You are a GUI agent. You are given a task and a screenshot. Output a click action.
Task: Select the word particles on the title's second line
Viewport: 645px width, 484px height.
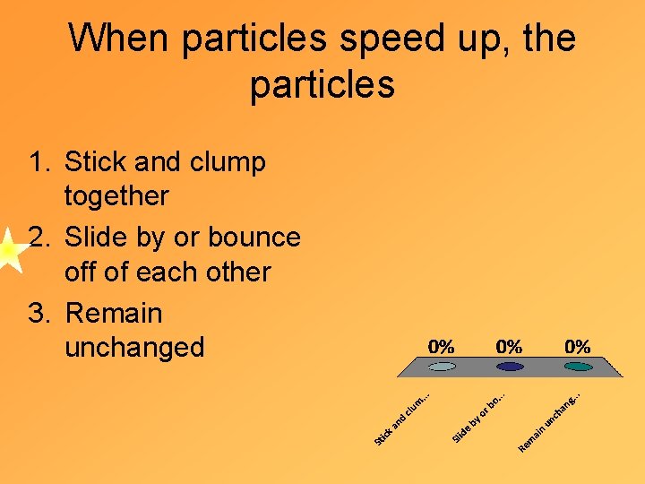pyautogui.click(x=322, y=85)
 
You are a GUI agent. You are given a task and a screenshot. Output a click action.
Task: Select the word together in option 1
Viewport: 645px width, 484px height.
pyautogui.click(x=116, y=195)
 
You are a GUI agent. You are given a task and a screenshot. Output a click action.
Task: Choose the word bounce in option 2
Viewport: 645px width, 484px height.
pyautogui.click(x=254, y=238)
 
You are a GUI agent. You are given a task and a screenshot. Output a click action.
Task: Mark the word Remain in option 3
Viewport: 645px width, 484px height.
pyautogui.click(x=114, y=314)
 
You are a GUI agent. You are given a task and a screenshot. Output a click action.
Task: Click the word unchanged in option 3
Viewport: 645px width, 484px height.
pyautogui.click(x=134, y=347)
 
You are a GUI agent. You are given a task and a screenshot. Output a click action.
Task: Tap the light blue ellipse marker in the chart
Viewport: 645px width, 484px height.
pyautogui.click(x=442, y=367)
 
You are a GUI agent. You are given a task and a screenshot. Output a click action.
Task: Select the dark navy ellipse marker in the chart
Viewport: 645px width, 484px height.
pyautogui.click(x=510, y=367)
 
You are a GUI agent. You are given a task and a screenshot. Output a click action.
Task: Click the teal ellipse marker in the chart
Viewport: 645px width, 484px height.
pyautogui.click(x=578, y=367)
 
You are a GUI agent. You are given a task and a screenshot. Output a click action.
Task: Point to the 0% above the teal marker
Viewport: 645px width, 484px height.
pyautogui.click(x=577, y=346)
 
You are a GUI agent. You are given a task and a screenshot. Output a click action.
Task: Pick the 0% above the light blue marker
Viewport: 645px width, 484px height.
pyautogui.click(x=441, y=346)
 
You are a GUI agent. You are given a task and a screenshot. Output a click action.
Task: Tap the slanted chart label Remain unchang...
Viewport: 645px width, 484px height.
pyautogui.click(x=551, y=419)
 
